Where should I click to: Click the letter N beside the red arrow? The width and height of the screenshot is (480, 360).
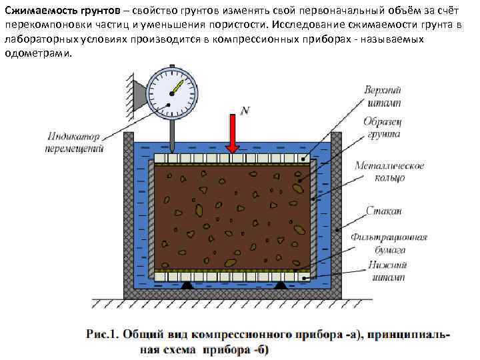point(245,111)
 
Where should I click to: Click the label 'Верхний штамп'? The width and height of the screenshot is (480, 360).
point(383,97)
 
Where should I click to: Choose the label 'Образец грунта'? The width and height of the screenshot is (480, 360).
point(382,129)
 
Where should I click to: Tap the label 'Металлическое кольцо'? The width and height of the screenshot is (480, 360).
point(389,172)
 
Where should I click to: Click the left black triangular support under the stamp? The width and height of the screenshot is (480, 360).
point(187,285)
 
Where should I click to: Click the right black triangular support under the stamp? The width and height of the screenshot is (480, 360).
point(281,285)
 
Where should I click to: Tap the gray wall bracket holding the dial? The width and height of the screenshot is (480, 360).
point(139,93)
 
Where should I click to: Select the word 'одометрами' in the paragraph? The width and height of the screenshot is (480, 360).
point(35,54)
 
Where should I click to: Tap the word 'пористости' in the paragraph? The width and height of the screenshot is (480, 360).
point(238,25)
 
